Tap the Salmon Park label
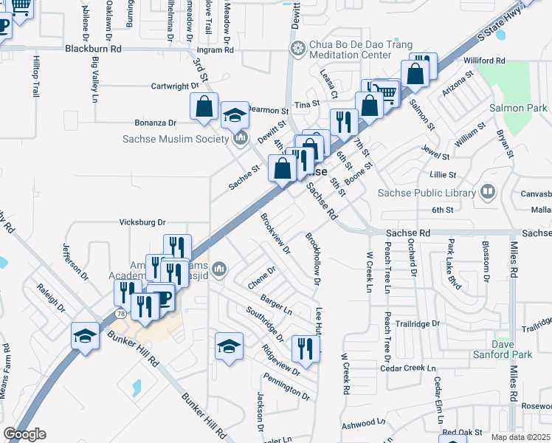click(519, 108)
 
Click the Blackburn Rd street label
click(93, 49)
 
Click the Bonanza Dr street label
click(155, 123)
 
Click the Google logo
click(24, 434)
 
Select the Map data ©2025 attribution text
click(520, 437)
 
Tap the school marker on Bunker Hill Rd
click(85, 336)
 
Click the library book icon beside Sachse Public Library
click(487, 193)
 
